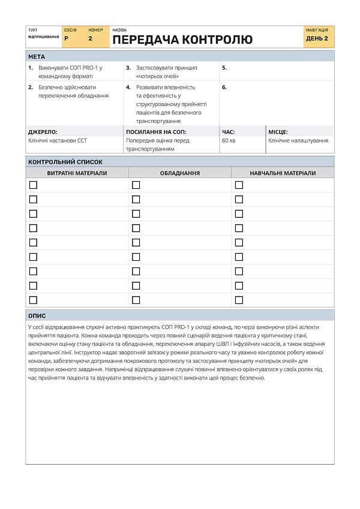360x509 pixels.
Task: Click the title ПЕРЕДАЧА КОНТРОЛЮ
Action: tap(182, 40)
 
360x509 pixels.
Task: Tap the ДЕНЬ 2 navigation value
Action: tap(317, 38)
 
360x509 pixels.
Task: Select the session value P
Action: tap(66, 38)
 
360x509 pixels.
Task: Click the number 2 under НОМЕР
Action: tap(91, 38)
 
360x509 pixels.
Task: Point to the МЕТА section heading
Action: tap(37, 56)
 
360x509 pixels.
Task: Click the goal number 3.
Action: tap(128, 68)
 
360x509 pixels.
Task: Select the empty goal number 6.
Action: tap(224, 87)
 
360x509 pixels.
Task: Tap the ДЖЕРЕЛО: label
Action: tap(43, 131)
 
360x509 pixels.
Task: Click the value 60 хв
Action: tap(229, 141)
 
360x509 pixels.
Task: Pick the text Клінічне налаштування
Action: tap(298, 141)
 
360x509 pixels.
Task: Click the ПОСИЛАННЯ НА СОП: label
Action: tap(156, 131)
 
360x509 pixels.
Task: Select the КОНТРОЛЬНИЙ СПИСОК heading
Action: tap(65, 162)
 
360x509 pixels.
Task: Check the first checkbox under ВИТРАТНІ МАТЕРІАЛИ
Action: tap(33, 185)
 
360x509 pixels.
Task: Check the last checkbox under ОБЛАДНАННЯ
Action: tap(136, 300)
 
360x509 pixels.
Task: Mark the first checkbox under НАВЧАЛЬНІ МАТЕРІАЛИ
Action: tap(239, 185)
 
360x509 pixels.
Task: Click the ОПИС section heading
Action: tap(37, 316)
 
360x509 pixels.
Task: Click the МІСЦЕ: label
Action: tap(278, 131)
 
